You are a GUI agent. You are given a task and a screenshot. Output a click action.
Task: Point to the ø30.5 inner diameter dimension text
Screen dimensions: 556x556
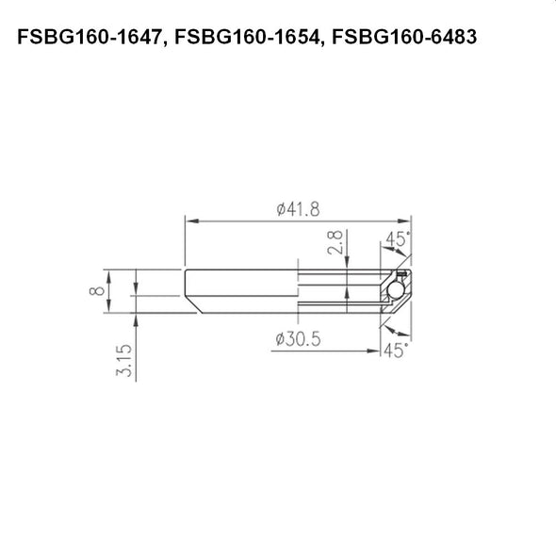(299, 340)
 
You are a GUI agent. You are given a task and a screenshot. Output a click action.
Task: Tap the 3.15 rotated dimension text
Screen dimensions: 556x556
(123, 361)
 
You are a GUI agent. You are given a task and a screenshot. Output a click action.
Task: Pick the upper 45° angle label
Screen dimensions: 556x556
(396, 240)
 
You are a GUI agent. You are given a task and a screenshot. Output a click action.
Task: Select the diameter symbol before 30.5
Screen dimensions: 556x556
(280, 340)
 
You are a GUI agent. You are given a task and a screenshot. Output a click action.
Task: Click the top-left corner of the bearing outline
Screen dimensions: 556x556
(185, 270)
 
